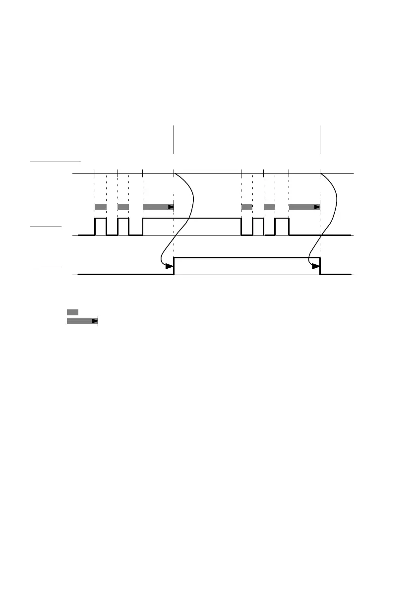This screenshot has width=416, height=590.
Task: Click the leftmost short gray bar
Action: [101, 206]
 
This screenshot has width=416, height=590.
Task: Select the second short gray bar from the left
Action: [123, 206]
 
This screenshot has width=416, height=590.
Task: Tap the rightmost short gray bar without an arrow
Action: [269, 206]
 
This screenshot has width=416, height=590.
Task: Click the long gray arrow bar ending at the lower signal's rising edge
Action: [158, 207]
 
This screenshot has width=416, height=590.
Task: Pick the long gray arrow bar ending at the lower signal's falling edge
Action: [304, 207]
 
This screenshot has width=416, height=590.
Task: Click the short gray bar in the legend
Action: [72, 312]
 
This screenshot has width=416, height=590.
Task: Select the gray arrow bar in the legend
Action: [82, 321]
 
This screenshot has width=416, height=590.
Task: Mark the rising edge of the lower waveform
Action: [174, 266]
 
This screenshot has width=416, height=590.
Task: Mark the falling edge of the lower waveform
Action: [320, 266]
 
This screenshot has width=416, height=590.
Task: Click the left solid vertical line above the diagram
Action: [174, 140]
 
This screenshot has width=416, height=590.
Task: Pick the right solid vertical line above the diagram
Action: [320, 140]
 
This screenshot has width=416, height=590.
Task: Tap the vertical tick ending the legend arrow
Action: [98, 321]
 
